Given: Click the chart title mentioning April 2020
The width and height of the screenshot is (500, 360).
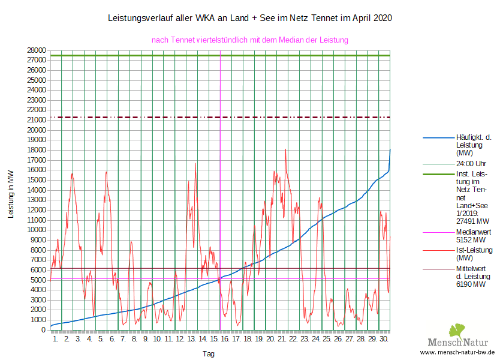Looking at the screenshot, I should coord(249,18).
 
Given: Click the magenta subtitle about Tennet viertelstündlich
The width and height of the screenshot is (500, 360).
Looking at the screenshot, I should coord(250,40).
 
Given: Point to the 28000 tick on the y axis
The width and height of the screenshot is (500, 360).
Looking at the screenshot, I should coord(37,50).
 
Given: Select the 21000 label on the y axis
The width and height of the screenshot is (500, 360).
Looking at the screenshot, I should coord(37,120).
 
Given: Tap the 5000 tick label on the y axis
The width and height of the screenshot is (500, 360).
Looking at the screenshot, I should coord(39,280).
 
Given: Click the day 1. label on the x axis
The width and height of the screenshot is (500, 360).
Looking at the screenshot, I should coord(55,340).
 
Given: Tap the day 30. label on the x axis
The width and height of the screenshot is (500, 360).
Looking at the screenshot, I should coord(384,340).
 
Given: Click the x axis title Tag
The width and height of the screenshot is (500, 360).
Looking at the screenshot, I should coord(208,354).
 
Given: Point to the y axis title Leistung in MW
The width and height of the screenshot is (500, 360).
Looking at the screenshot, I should coord(11,194).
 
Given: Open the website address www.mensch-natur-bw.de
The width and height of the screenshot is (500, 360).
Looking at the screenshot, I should coord(457,352).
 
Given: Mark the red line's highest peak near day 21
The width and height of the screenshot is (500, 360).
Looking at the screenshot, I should coord(285,149).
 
